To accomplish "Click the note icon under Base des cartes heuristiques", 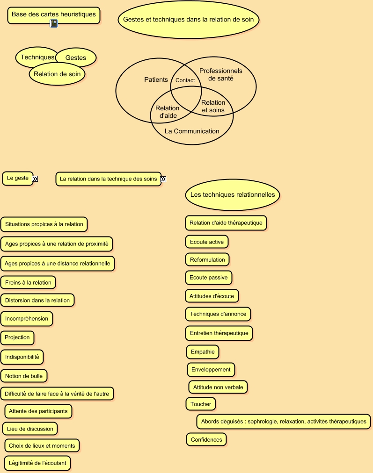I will (x=54, y=23).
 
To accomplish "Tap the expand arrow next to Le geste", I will (x=35, y=179).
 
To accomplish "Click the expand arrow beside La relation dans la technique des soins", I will (x=163, y=179).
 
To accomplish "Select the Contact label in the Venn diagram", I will (x=185, y=80).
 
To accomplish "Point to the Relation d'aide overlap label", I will (x=168, y=112).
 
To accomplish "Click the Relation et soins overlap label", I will (x=213, y=107).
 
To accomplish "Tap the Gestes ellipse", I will (x=76, y=57).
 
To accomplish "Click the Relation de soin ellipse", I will (x=57, y=74).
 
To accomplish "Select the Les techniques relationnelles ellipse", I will (x=233, y=194).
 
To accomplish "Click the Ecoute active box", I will (x=207, y=242).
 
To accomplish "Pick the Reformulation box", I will (x=207, y=260).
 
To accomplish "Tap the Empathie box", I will (x=203, y=352).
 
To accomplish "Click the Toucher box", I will (x=201, y=404).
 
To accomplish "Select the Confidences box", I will (x=206, y=440).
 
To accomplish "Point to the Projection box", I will (x=17, y=337).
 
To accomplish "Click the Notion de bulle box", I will (x=24, y=376).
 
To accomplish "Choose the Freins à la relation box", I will (x=28, y=283).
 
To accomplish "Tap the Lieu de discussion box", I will (x=30, y=429).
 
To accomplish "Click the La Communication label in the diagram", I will (x=192, y=131).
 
